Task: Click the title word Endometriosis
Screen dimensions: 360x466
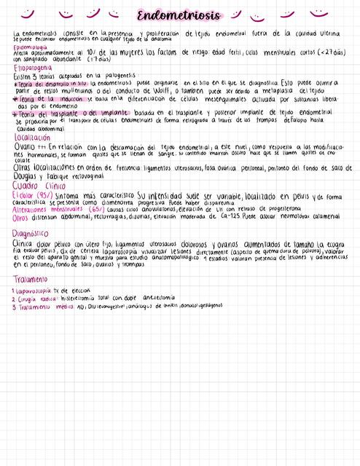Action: coord(179,15)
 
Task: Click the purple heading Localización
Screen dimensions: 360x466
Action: coord(32,137)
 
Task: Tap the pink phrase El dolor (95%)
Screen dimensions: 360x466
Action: coord(31,196)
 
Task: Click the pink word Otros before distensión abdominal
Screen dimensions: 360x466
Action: coord(20,217)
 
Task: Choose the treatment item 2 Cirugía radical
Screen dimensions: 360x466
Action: coord(36,299)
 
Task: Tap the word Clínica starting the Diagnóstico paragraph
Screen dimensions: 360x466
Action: coord(23,243)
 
